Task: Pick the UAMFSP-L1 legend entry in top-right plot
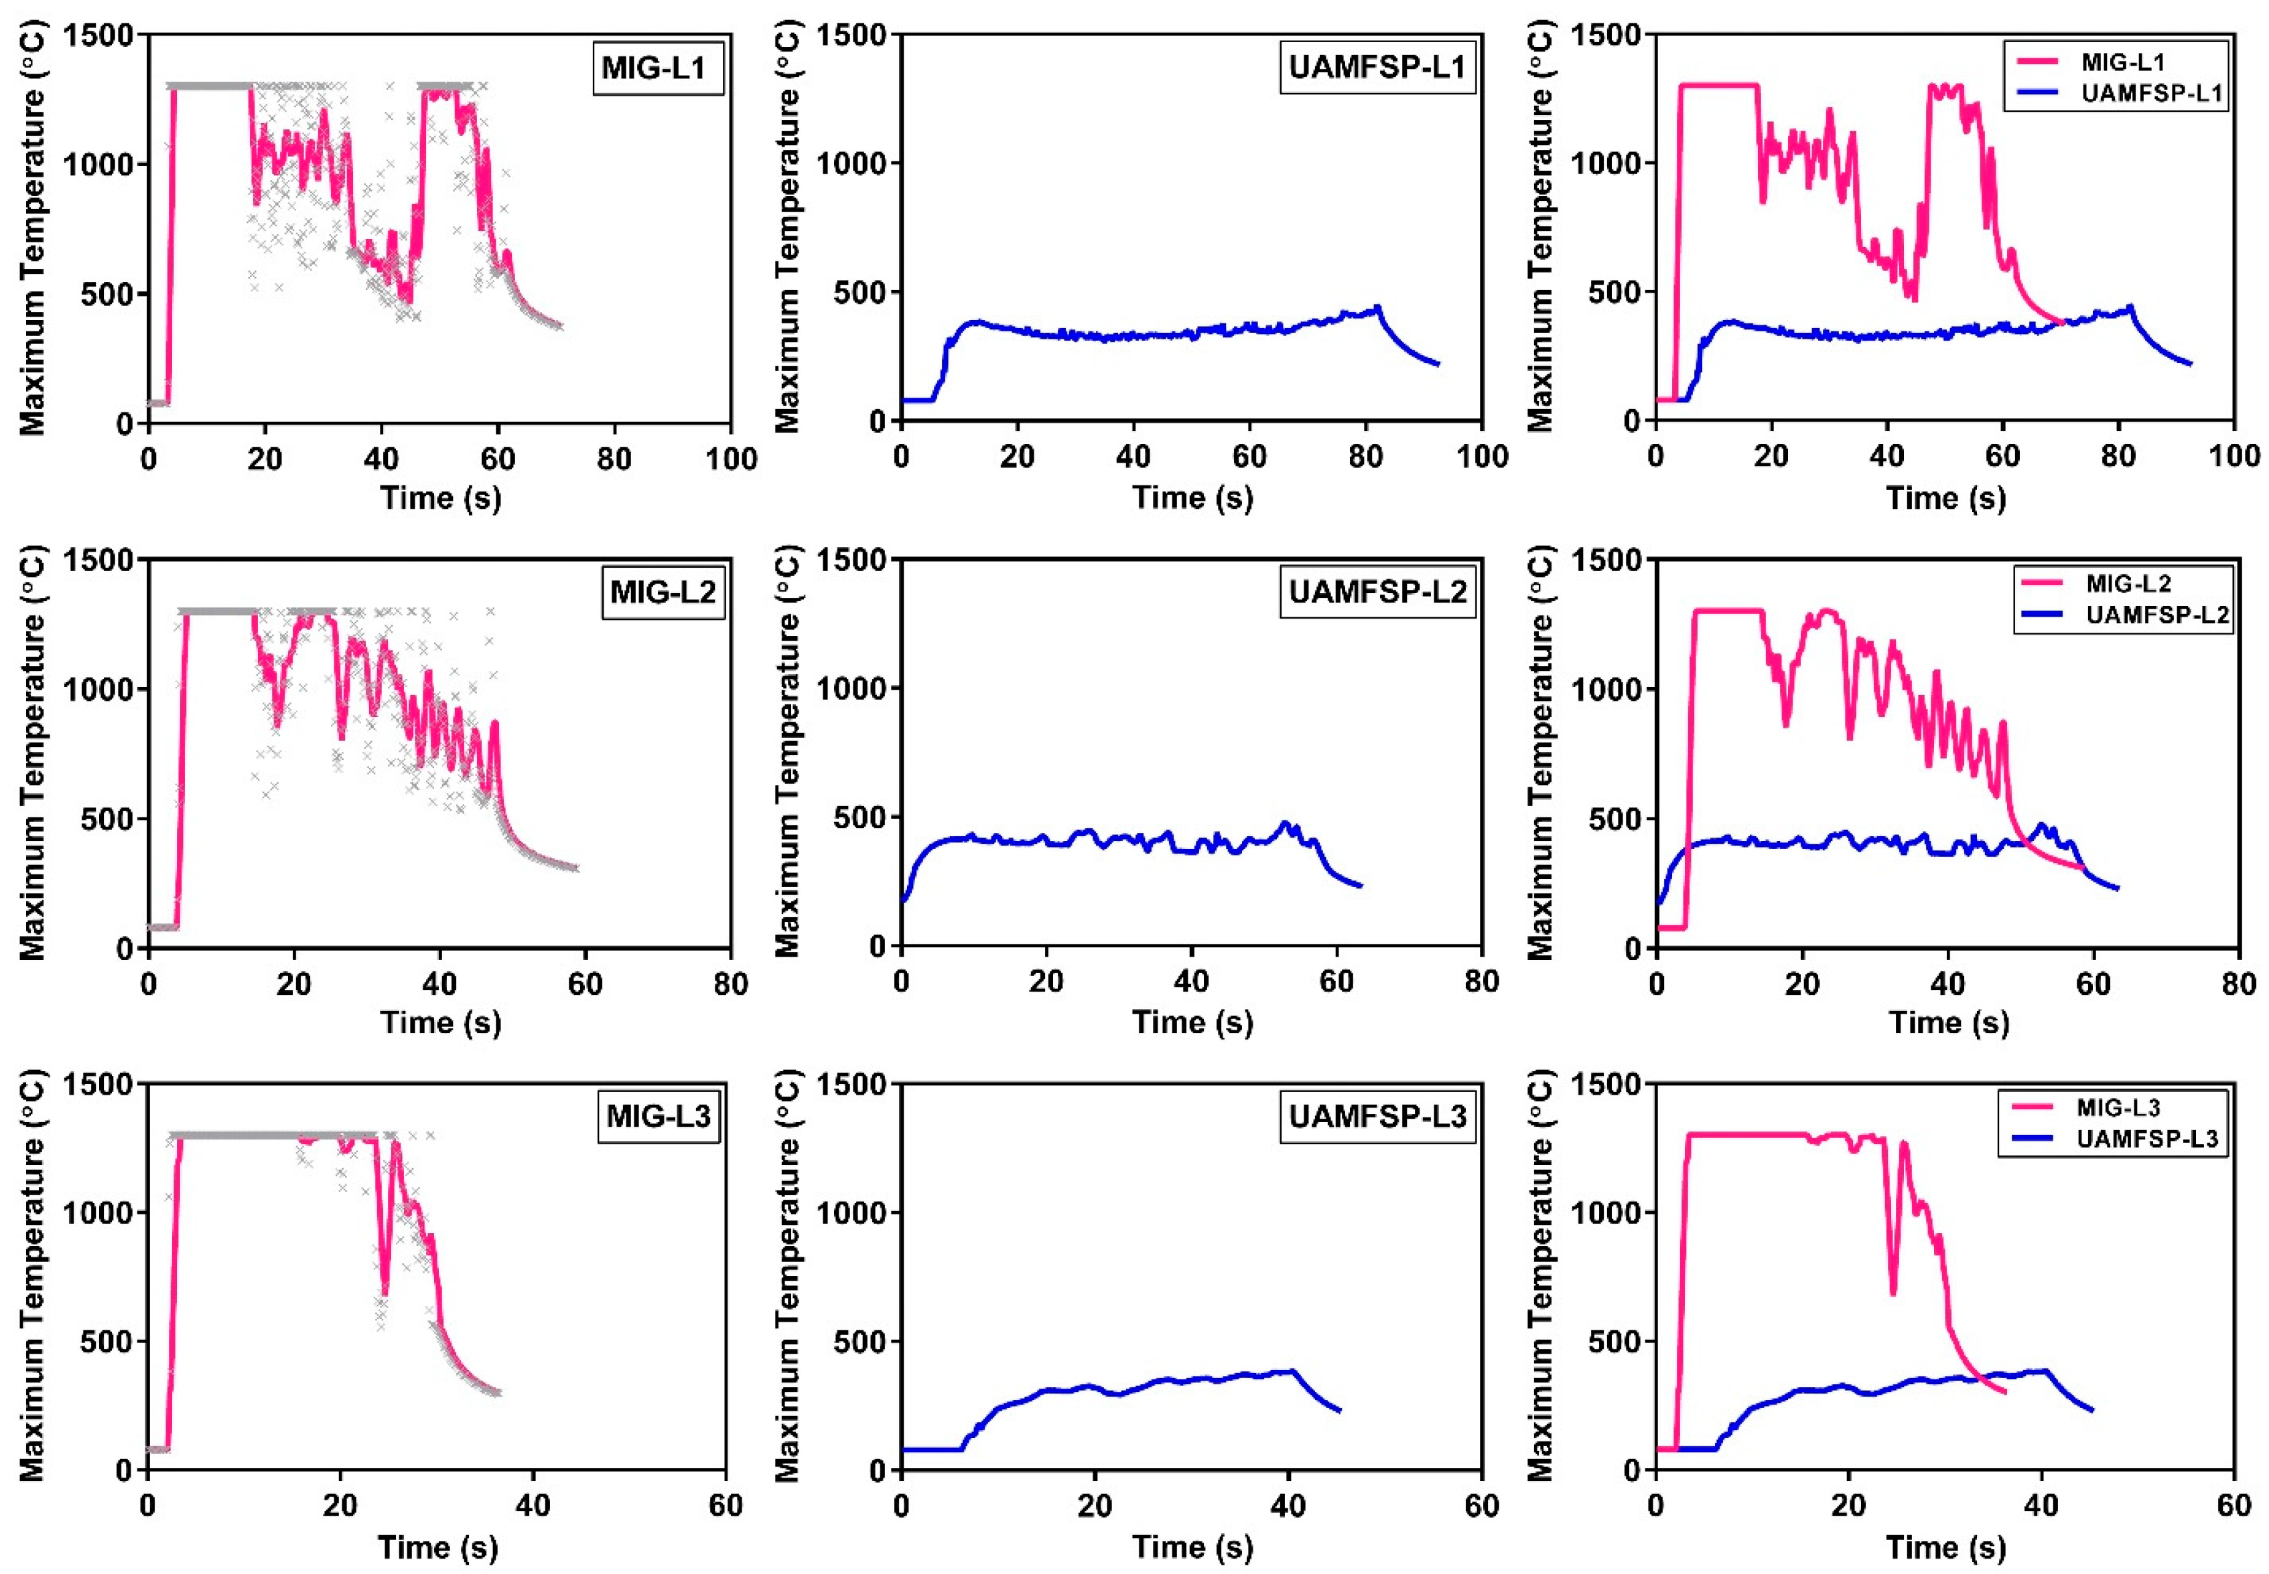pos(2141,94)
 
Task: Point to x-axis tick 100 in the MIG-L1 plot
pos(731,459)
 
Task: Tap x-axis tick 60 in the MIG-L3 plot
pos(726,1506)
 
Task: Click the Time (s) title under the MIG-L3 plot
pos(438,1547)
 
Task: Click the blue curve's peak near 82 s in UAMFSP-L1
pos(1378,308)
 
